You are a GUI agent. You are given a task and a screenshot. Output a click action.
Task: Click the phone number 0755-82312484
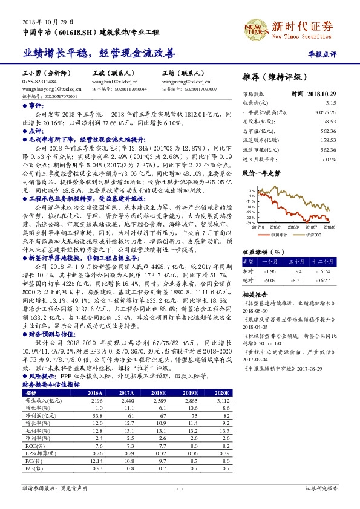(x=39, y=80)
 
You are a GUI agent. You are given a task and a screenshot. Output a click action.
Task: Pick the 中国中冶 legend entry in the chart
(x=280, y=235)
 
